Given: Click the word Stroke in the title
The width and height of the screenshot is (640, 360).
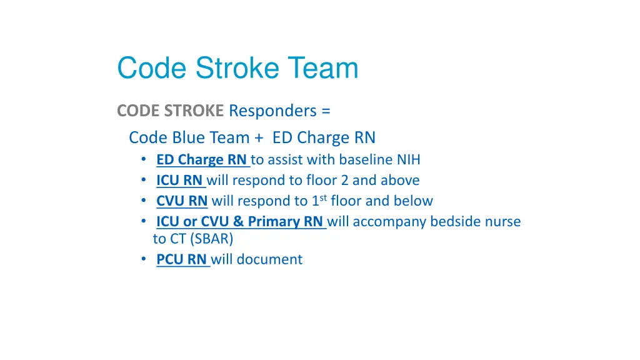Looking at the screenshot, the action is pyautogui.click(x=237, y=67).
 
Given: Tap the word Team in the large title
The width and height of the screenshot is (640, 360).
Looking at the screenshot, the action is pyautogui.click(x=323, y=67).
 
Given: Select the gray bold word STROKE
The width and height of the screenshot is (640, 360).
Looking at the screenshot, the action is pyautogui.click(x=194, y=111).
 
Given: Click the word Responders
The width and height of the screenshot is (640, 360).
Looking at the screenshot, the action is pyautogui.click(x=272, y=111).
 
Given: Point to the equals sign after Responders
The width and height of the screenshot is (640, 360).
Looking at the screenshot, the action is pyautogui.click(x=326, y=111).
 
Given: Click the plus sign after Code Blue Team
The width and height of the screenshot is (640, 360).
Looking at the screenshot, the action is pyautogui.click(x=259, y=138).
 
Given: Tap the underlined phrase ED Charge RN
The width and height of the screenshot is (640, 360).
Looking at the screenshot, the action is pyautogui.click(x=202, y=159).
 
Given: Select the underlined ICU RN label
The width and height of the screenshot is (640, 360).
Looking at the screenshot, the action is pyautogui.click(x=179, y=180).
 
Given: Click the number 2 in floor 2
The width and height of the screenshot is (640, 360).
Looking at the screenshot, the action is pyautogui.click(x=344, y=181).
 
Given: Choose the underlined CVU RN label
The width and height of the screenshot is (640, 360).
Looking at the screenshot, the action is pyautogui.click(x=182, y=201).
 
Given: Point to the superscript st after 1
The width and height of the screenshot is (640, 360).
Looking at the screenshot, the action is pyautogui.click(x=323, y=198).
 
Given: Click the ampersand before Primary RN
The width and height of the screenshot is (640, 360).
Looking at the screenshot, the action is pyautogui.click(x=238, y=221).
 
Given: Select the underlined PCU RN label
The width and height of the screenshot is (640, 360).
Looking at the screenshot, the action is pyautogui.click(x=182, y=259).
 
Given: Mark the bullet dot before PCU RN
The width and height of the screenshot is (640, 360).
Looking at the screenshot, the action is pyautogui.click(x=144, y=259).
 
